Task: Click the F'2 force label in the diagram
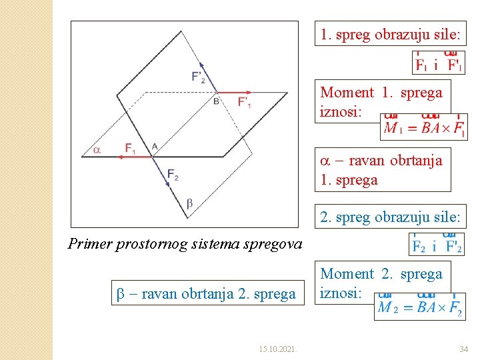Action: click(x=199, y=77)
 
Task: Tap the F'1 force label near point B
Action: click(x=245, y=102)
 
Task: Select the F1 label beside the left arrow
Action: click(x=131, y=147)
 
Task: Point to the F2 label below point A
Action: click(x=173, y=175)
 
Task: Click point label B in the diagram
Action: click(x=216, y=101)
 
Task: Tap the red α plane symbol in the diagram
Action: click(x=97, y=151)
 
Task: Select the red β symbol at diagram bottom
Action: click(x=189, y=203)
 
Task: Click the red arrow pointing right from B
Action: click(x=233, y=92)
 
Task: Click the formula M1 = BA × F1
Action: click(x=424, y=127)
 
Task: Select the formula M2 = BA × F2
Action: click(x=419, y=307)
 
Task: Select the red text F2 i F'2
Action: click(x=437, y=245)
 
